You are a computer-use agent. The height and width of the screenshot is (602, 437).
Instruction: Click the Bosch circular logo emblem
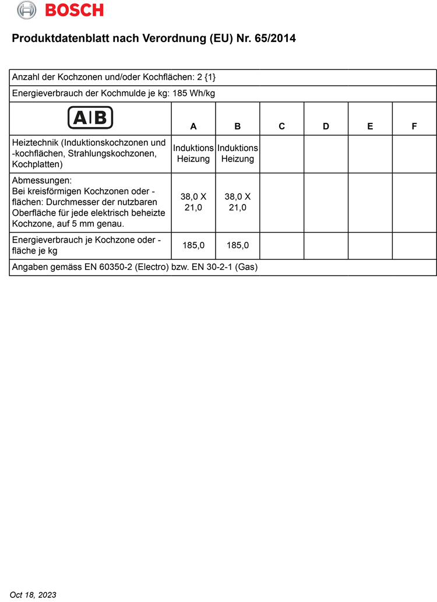pos(27,10)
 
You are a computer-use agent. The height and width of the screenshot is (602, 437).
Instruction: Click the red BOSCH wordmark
pos(74,10)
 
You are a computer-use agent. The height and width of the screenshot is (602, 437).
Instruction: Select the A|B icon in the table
pos(90,117)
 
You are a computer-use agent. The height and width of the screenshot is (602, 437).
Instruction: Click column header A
pos(193,126)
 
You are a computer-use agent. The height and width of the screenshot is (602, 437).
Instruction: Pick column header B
pos(238,126)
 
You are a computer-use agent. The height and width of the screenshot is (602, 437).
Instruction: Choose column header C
pos(282,126)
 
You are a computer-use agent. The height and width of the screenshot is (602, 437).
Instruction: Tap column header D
pos(326,126)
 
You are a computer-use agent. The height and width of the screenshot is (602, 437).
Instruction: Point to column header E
pos(371,126)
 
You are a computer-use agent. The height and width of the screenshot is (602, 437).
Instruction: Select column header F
pos(414,126)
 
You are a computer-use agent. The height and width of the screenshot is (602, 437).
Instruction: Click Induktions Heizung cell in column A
pos(193,154)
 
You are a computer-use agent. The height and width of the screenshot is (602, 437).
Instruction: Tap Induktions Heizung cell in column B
pos(238,154)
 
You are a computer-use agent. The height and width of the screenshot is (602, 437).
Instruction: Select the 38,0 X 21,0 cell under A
pos(193,202)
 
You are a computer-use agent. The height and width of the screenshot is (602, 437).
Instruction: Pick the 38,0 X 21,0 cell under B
pos(238,202)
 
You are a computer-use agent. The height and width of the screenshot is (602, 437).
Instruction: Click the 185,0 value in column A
pos(193,245)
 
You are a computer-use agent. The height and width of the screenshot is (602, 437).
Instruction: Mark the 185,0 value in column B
pos(238,245)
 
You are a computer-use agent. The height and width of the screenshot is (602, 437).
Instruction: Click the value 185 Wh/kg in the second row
pos(195,93)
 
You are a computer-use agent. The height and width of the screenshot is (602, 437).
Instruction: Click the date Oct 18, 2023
pos(33,594)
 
